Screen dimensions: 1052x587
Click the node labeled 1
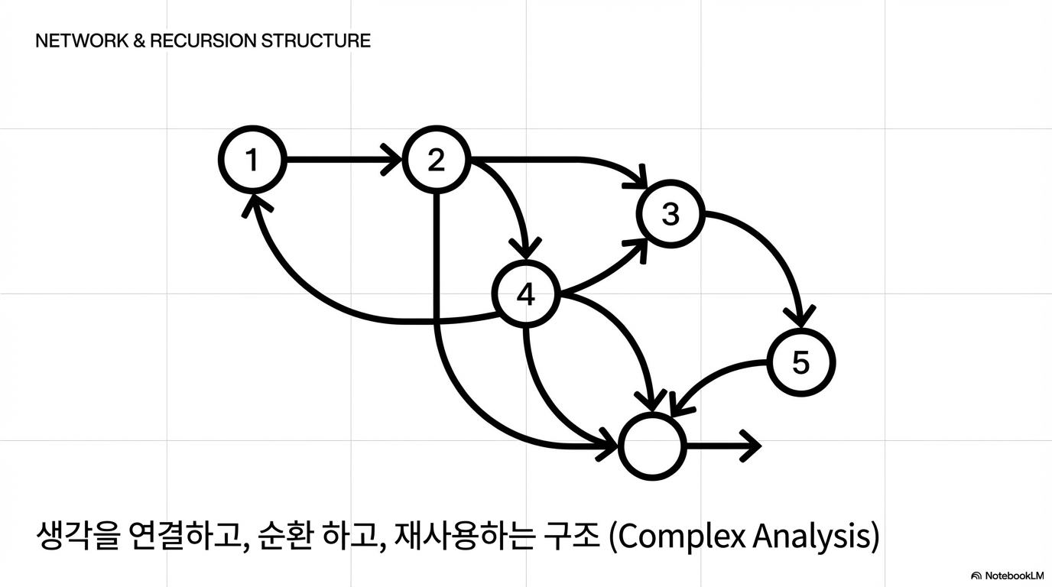tap(252, 161)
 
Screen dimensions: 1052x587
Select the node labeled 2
tap(436, 161)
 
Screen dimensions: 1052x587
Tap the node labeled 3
tap(670, 215)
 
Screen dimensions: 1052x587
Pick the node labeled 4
tap(526, 294)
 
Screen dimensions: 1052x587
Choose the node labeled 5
tap(800, 362)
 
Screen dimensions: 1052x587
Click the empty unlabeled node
tap(653, 447)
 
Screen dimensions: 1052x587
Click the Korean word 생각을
tap(78, 537)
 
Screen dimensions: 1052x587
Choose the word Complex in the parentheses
tap(683, 537)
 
